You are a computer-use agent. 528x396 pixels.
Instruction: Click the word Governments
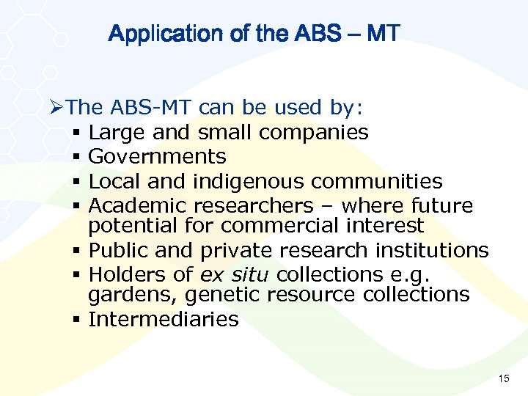tap(157, 156)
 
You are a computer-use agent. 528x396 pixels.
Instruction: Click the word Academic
tap(138, 205)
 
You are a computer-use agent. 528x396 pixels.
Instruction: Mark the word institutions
tap(432, 250)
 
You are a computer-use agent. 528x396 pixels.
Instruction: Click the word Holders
tap(125, 274)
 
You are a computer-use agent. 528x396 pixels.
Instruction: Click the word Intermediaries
tap(164, 319)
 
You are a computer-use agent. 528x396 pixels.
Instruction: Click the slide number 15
tap(503, 378)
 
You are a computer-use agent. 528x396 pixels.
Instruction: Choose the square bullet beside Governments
tap(77, 157)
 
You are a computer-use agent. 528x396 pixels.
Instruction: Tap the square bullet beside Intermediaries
tap(77, 320)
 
